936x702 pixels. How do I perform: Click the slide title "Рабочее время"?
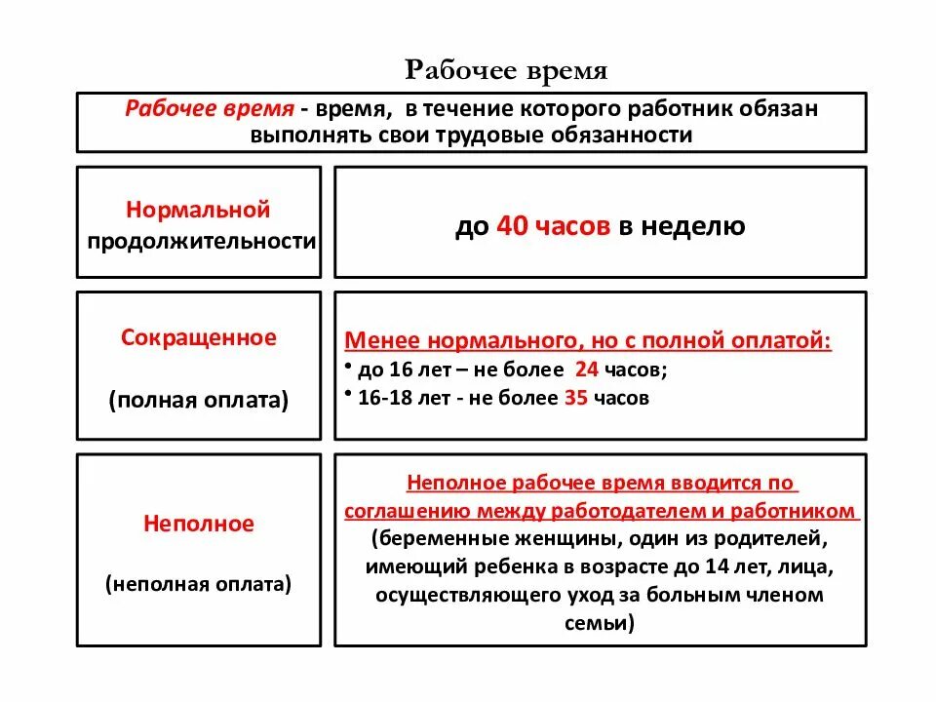506,71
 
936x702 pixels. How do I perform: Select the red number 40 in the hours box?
512,226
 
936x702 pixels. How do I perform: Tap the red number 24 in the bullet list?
586,370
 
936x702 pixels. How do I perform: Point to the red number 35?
574,398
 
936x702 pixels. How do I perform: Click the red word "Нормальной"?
198,210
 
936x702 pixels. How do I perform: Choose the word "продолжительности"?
202,241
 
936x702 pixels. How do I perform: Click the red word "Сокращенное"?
198,337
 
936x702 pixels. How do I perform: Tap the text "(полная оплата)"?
199,400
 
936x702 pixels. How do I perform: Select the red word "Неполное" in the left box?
199,524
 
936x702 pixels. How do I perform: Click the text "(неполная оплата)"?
199,584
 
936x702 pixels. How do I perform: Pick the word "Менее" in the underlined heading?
376,341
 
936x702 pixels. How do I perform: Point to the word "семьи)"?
600,622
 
